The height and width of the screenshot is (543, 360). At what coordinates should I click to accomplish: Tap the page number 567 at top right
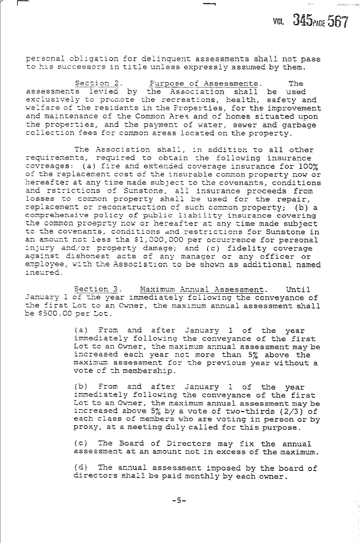tap(337, 22)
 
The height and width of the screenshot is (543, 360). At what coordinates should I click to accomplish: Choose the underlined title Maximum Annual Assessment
tap(202, 290)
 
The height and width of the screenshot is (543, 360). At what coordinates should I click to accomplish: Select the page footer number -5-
tap(179, 501)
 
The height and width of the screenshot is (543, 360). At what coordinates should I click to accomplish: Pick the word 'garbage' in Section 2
tap(302, 125)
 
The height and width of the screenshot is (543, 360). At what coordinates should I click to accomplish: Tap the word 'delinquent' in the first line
tap(166, 59)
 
